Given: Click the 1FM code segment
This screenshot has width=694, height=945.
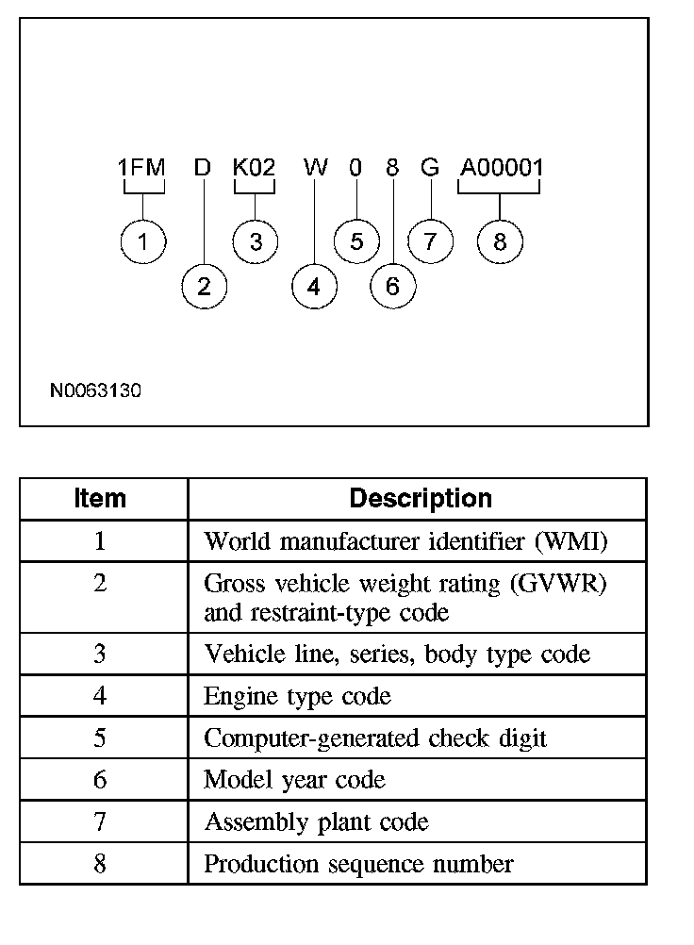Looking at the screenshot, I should click(x=141, y=168).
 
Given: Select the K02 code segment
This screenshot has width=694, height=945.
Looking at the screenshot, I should click(x=255, y=168).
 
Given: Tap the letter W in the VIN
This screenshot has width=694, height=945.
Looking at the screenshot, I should click(x=316, y=168).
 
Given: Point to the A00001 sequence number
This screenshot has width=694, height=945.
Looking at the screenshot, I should click(x=502, y=168).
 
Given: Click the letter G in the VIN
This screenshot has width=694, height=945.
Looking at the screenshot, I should click(x=430, y=168).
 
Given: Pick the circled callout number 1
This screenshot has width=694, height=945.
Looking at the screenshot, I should click(x=142, y=241).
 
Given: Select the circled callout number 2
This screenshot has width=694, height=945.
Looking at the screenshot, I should click(x=204, y=286).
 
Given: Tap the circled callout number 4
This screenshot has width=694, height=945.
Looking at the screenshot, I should click(x=314, y=286).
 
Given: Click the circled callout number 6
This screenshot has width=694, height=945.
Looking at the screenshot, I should click(x=392, y=286).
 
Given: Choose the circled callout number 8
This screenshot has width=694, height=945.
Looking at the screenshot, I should click(x=500, y=241).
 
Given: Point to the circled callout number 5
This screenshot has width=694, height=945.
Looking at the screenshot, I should click(x=356, y=241).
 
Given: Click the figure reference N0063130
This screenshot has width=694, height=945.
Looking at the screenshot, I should click(x=96, y=389).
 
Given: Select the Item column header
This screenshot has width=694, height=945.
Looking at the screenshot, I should click(x=100, y=498).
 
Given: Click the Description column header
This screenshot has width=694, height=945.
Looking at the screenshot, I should click(x=421, y=498).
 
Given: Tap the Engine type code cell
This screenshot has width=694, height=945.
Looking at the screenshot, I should click(x=297, y=696).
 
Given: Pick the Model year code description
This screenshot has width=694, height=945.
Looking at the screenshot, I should click(x=294, y=780).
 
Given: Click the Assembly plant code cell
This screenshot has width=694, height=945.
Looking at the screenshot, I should click(x=316, y=821).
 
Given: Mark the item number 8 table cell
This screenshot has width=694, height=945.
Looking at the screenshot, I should click(x=100, y=863).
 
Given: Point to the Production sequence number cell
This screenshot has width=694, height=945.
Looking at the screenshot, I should click(x=358, y=863).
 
